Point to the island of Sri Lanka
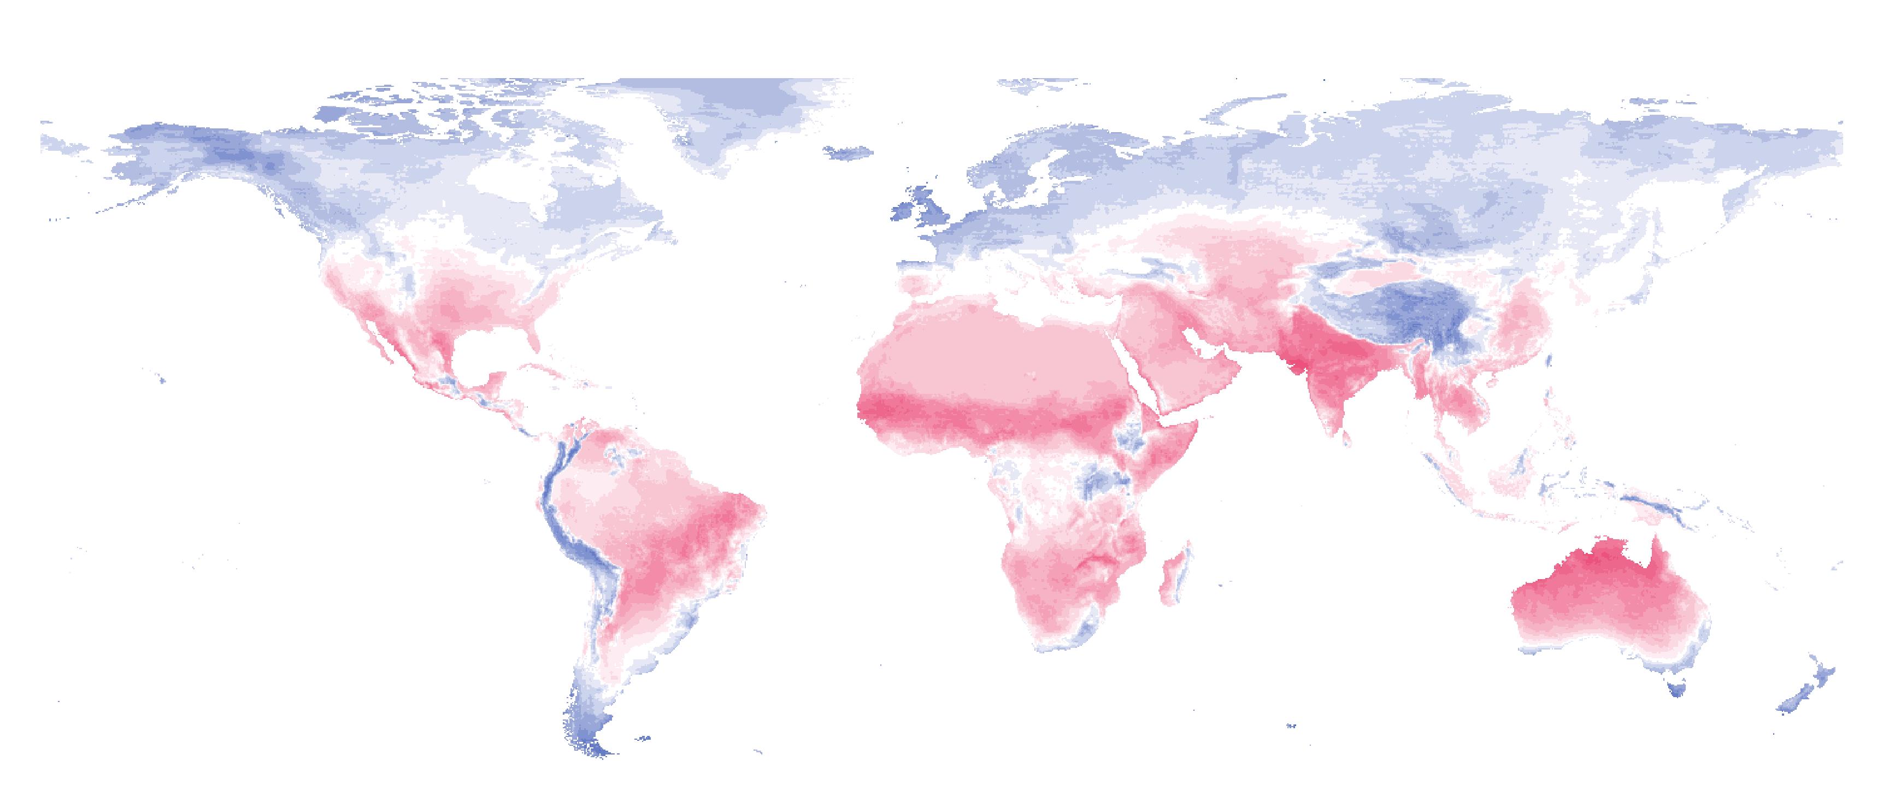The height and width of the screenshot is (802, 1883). [1347, 439]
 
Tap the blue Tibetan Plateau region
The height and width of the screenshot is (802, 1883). [1389, 307]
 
